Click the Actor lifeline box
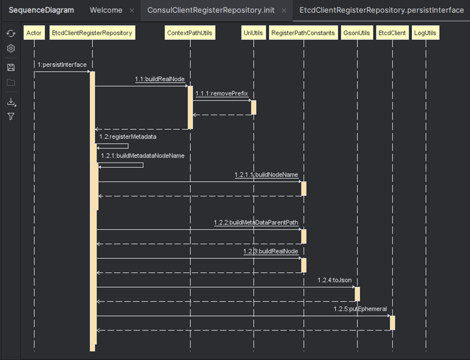click(34, 33)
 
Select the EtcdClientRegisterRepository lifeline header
click(91, 33)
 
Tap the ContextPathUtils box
click(190, 33)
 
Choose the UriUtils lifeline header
click(253, 33)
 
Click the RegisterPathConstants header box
click(303, 33)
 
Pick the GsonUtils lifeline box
click(357, 33)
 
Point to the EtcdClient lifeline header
click(392, 33)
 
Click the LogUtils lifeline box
click(425, 33)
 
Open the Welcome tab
click(106, 10)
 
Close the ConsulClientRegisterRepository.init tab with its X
click(284, 10)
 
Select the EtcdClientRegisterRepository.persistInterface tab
click(381, 10)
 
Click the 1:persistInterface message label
click(62, 65)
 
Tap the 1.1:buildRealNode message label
click(160, 79)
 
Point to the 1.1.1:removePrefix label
click(222, 93)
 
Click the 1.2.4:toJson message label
click(335, 280)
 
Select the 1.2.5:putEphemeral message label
click(360, 309)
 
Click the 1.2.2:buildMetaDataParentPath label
click(256, 223)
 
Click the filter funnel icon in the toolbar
click(11, 116)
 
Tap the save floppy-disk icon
click(11, 67)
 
